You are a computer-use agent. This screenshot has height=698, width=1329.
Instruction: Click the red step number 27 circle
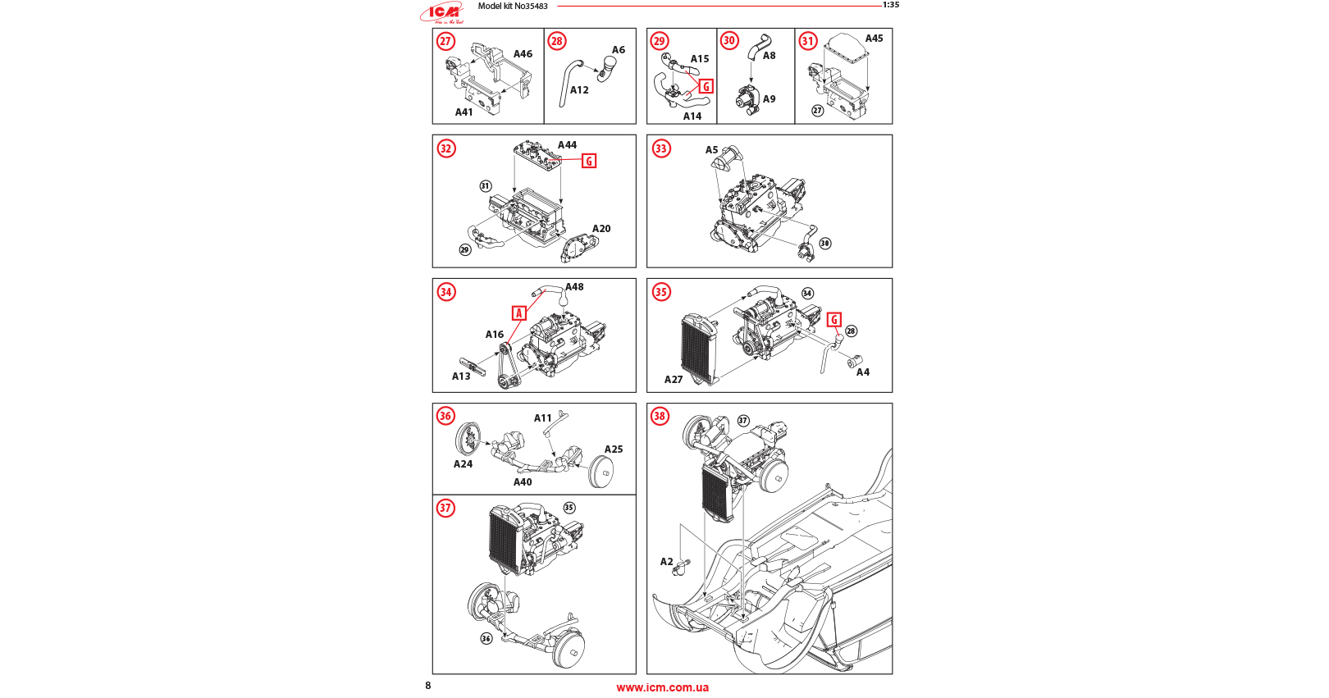[445, 41]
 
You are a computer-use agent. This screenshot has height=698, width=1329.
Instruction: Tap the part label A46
[523, 54]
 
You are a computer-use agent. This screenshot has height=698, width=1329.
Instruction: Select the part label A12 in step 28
[579, 90]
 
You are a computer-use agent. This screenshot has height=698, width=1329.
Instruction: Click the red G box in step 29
[706, 86]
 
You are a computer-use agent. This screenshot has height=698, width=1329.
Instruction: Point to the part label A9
[769, 99]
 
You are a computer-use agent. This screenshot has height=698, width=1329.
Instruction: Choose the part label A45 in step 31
[874, 39]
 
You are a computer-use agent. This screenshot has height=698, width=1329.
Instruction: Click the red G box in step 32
[589, 161]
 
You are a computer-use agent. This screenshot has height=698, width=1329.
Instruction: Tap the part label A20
[601, 229]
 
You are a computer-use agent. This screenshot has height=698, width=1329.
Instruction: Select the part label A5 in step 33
[711, 150]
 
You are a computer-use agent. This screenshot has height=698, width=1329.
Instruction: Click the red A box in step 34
[518, 313]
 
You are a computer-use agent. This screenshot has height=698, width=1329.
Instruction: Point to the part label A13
[461, 376]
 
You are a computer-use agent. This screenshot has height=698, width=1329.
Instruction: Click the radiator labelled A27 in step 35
[697, 348]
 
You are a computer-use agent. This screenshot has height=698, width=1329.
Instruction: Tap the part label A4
[863, 372]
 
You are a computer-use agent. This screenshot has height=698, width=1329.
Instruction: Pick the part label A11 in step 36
[542, 418]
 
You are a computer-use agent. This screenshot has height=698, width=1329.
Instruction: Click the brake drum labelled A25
[602, 472]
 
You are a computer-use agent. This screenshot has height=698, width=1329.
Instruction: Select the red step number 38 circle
[660, 416]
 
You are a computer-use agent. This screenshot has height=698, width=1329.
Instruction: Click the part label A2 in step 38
[666, 562]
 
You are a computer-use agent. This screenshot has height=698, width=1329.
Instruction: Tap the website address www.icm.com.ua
[662, 688]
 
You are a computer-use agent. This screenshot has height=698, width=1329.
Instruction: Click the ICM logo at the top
[443, 12]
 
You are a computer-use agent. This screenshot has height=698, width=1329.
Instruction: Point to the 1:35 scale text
[890, 5]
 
